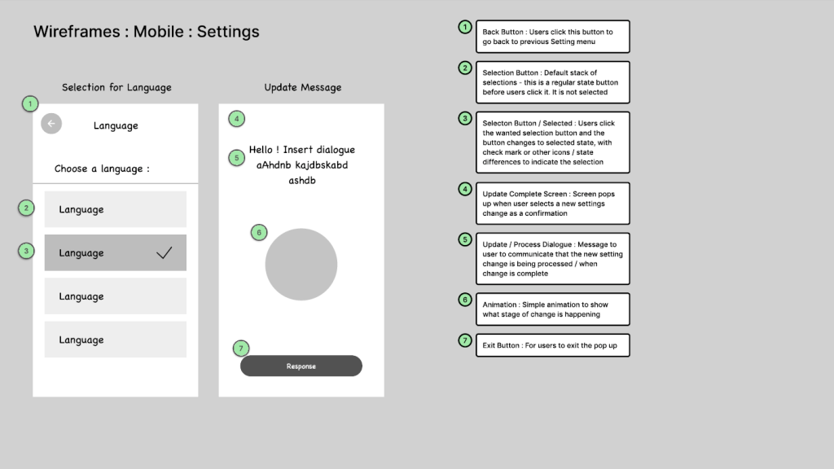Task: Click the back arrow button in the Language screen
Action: coord(51,124)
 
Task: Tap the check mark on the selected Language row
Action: coord(165,252)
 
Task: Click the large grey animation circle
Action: coord(301,265)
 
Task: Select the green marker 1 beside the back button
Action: coord(30,103)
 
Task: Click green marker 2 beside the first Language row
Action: coord(26,208)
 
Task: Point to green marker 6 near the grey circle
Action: coord(259,232)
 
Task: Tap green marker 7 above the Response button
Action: coord(241,348)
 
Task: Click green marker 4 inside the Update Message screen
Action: coord(237,119)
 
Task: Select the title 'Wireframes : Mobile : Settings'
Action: coord(147,32)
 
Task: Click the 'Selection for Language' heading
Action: coord(116,87)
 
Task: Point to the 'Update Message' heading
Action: coord(303,87)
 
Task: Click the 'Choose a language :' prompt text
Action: coord(102,169)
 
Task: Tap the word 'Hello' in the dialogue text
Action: coord(261,150)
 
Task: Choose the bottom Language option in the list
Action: coord(116,340)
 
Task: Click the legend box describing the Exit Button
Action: coord(553,345)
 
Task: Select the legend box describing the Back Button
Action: coord(553,37)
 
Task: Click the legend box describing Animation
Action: coord(553,309)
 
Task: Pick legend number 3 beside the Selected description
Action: coord(465,119)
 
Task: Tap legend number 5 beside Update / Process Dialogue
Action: coord(465,239)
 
